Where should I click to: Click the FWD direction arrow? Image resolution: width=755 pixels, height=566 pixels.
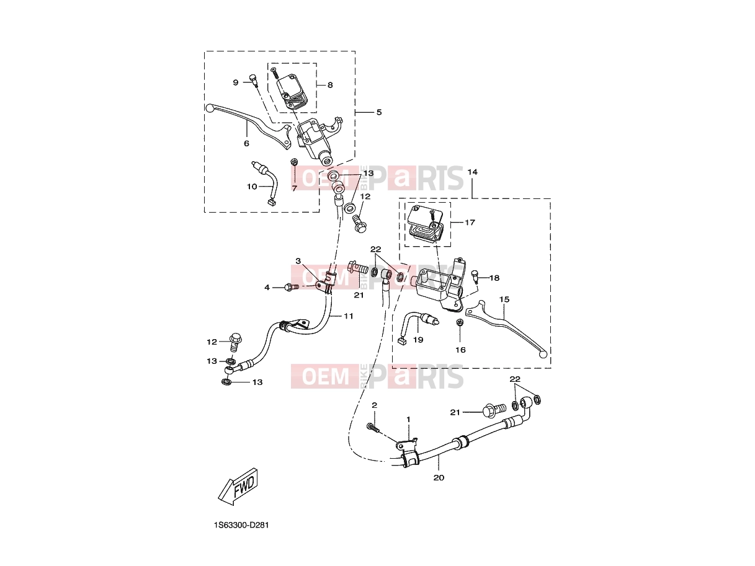[238, 486]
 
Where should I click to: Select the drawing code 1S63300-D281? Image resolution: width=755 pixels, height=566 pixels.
[241, 526]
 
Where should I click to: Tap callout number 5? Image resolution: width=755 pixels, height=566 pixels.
[378, 112]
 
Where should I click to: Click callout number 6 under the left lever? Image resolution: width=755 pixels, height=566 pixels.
[246, 143]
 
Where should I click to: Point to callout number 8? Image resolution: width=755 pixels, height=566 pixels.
[330, 85]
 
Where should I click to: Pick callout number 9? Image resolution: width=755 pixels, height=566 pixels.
[236, 82]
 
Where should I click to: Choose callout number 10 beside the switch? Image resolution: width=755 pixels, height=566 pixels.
[252, 187]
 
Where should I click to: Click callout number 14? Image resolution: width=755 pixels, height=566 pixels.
[473, 172]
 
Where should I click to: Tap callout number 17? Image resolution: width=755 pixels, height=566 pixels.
[470, 223]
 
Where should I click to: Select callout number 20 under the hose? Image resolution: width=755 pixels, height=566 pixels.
[439, 478]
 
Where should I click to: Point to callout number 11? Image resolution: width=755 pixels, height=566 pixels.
[349, 316]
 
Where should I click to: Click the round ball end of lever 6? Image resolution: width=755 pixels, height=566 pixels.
[209, 108]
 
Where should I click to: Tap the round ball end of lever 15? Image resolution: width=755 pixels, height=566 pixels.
[543, 355]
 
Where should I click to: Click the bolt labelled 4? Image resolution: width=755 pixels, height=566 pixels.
[292, 287]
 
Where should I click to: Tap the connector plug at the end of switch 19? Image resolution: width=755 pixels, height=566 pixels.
[401, 342]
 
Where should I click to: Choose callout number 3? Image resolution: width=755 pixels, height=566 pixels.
[298, 261]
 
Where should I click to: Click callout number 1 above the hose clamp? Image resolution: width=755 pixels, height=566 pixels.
[408, 420]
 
